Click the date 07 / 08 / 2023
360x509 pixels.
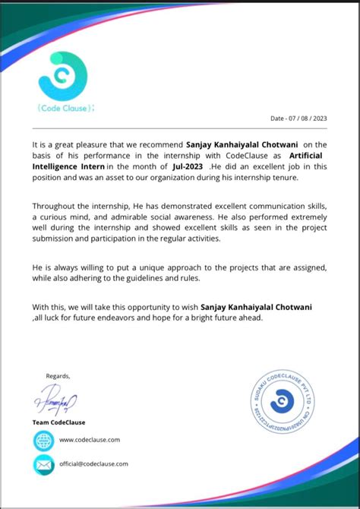(298, 119)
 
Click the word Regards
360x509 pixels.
(58, 375)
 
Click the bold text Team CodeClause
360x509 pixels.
(58, 422)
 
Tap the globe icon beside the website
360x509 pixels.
(44, 440)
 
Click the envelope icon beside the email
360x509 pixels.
(44, 463)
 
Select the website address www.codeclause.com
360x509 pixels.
(90, 440)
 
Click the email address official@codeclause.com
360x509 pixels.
(93, 463)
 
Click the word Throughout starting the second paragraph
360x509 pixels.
(56, 207)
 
